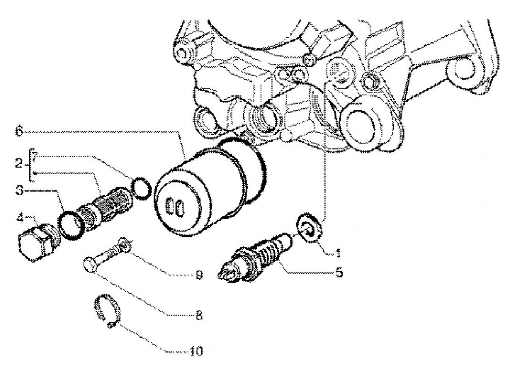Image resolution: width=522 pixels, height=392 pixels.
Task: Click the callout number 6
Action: pos(19,131)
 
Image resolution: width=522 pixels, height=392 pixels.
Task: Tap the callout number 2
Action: pos(19,163)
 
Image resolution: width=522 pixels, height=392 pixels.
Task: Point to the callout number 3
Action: pos(20,191)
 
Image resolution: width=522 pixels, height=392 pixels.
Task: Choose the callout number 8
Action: pos(199,316)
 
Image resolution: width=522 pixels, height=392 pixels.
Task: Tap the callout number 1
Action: pos(338,254)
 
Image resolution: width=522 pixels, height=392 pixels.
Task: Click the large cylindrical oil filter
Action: pos(209,183)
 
